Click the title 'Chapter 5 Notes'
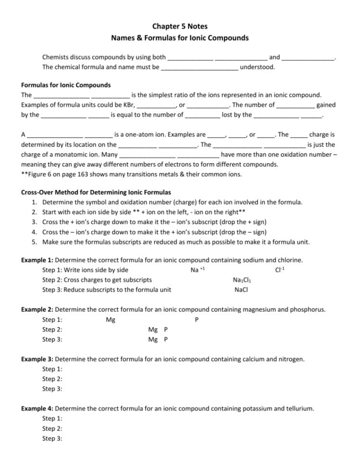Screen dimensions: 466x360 pyautogui.click(x=180, y=26)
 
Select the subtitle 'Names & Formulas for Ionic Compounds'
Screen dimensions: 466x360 pyautogui.click(x=180, y=37)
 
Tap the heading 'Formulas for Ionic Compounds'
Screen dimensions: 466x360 pyautogui.click(x=66, y=85)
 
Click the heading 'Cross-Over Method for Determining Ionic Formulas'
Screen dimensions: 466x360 pyautogui.click(x=96, y=192)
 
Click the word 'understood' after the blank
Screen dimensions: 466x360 pyautogui.click(x=257, y=67)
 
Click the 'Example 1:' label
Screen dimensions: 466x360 pyautogui.click(x=37, y=260)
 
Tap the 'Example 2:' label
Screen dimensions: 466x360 pyautogui.click(x=37, y=309)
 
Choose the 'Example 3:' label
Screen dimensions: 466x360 pyautogui.click(x=37, y=359)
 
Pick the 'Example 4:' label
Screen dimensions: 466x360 pyautogui.click(x=37, y=408)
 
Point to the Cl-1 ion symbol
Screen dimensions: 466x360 pyautogui.click(x=280, y=270)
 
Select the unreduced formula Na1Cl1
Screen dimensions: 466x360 pyautogui.click(x=241, y=280)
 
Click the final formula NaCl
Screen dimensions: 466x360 pyautogui.click(x=241, y=290)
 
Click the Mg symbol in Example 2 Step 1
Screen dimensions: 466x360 pyautogui.click(x=110, y=320)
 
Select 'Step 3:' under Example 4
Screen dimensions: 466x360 pyautogui.click(x=52, y=439)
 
